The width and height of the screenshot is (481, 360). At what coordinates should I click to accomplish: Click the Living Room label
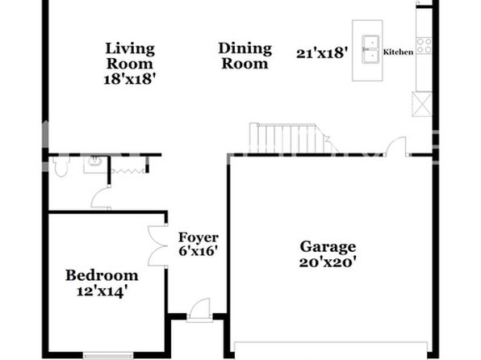tap(129, 57)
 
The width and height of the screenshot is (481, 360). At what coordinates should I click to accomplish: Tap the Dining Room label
tap(245, 56)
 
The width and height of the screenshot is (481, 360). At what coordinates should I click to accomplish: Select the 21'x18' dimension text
tap(322, 53)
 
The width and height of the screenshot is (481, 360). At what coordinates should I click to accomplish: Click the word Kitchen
tap(398, 52)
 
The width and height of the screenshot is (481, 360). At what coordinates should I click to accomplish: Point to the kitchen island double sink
tap(370, 49)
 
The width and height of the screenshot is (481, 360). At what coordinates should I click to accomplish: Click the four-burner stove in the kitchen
tap(425, 45)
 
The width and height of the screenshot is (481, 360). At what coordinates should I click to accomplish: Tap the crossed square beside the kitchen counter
tap(422, 104)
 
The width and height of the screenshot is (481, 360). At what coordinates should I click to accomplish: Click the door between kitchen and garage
tap(396, 146)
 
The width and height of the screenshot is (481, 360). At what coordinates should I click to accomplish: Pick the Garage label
tap(328, 247)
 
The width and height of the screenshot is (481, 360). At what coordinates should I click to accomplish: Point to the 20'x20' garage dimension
tap(328, 262)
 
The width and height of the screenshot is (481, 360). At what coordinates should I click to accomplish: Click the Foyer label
tap(199, 237)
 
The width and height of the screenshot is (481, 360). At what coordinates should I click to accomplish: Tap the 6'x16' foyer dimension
tap(199, 251)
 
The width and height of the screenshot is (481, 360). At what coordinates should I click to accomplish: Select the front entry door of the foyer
tap(200, 310)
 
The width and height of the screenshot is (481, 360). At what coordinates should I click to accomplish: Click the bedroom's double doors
tap(157, 246)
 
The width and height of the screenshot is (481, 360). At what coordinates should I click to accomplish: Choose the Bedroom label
tap(102, 275)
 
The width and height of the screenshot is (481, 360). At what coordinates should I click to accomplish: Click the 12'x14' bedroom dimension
tap(102, 291)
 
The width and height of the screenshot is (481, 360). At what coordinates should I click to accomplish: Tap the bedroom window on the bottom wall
tap(108, 355)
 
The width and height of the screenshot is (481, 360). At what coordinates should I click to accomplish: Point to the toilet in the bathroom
tap(61, 166)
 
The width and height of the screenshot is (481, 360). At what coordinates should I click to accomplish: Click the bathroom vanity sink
tap(94, 163)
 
